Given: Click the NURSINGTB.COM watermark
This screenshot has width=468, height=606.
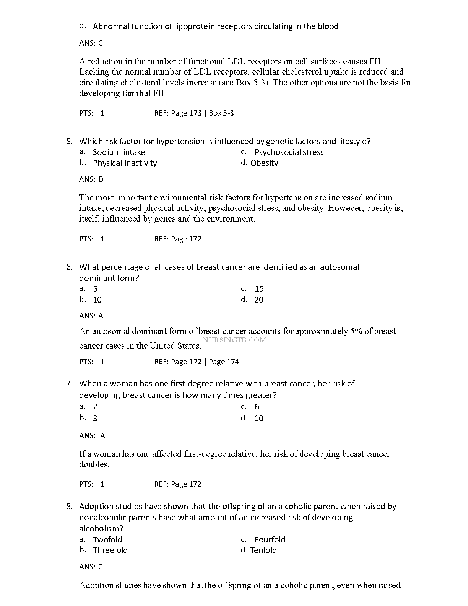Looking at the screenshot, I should coord(234,340).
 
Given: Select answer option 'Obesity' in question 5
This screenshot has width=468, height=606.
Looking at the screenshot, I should coord(264,163).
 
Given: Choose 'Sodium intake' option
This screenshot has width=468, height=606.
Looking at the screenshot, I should coord(119,152).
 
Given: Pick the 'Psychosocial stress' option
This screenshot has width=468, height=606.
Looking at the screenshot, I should coord(289,152).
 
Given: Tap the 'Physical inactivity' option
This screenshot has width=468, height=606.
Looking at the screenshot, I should coord(125,163).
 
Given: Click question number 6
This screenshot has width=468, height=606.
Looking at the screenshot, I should coord(69,267).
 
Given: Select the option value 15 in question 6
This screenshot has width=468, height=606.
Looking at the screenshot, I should coord(259,289).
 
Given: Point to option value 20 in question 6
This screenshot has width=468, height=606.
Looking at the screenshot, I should coord(259,300).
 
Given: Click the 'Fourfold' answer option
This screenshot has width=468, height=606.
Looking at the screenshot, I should coord(270,540).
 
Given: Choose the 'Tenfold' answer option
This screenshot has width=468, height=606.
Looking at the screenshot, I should coord(263,550).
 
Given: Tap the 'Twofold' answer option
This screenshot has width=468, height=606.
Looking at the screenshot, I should coord(107,540).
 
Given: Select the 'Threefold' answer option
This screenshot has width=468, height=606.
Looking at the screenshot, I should coord(110,550).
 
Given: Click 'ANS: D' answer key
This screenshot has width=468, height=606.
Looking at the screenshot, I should coord(91,179).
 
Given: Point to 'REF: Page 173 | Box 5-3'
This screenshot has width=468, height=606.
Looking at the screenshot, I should coord(194,113).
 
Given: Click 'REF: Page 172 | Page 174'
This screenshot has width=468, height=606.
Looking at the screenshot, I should coord(197,362).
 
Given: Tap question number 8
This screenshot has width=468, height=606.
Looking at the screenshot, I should coord(69,507).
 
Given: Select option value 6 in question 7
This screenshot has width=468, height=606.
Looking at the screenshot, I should coord(257,407).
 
